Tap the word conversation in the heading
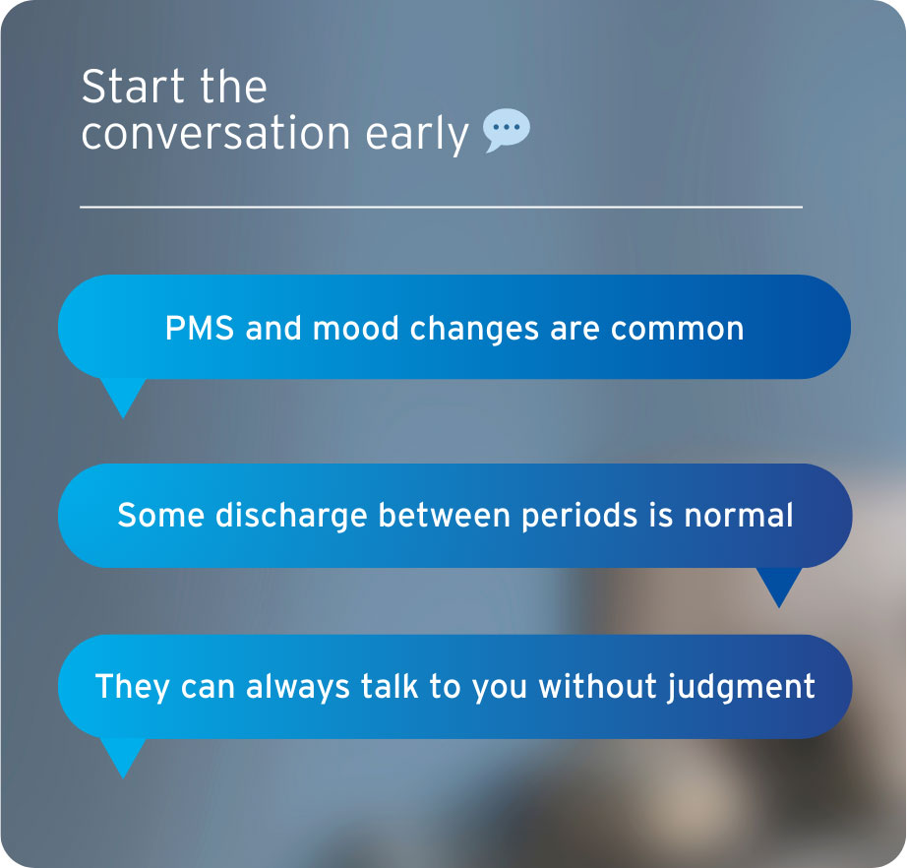pyautogui.click(x=215, y=134)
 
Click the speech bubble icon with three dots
pyautogui.click(x=507, y=131)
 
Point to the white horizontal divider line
pyautogui.click(x=441, y=207)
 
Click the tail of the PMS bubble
pyautogui.click(x=123, y=395)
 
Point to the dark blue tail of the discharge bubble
pyautogui.click(x=778, y=586)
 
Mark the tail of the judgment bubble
pyautogui.click(x=123, y=756)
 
